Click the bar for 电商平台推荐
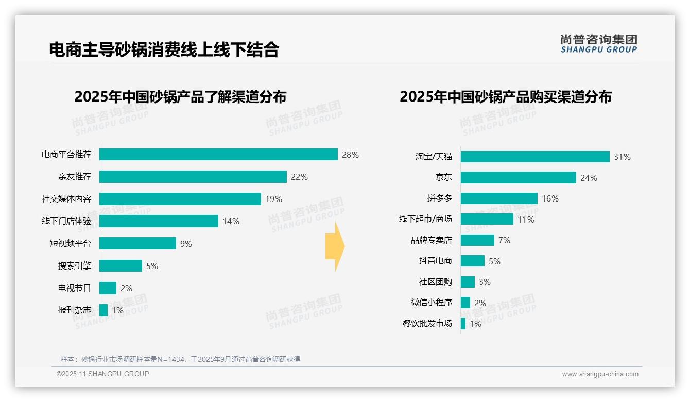coord(218,155)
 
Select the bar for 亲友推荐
coord(193,177)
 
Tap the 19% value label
coord(273,199)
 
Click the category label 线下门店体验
coord(66,221)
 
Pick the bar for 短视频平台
coord(137,243)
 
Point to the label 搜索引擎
coord(75,266)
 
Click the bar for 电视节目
coord(108,288)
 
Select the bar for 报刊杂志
coord(104,310)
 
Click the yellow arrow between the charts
coord(335,247)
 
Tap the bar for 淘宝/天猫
coord(535,157)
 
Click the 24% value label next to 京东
coord(589,178)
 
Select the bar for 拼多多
coord(499,198)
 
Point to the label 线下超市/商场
coord(425,219)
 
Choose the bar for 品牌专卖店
coord(477,240)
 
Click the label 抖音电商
coord(436,261)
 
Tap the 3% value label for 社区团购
coord(485,282)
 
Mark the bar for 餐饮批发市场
coord(463,324)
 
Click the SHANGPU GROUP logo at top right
coord(598,44)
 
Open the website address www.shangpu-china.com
coord(600,374)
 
